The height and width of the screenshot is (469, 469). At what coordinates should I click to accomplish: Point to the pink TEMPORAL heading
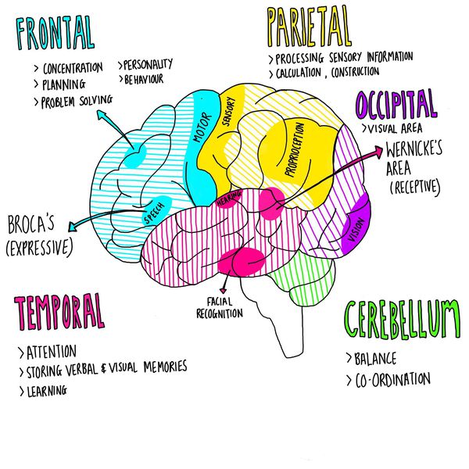coord(59,313)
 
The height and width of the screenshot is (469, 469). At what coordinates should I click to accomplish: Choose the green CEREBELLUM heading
coord(401,320)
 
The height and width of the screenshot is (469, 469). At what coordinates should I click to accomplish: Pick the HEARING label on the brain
coord(228,200)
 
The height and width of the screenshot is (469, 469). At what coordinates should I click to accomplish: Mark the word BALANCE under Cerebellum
coord(375,360)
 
